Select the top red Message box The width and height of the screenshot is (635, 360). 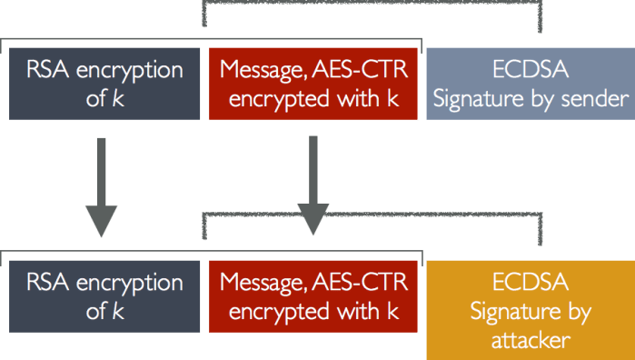tap(313, 84)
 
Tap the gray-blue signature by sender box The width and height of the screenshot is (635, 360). tap(530, 84)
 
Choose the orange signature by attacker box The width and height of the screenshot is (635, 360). tap(530, 309)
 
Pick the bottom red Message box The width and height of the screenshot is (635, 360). tap(313, 295)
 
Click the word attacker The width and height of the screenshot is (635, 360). tap(530, 340)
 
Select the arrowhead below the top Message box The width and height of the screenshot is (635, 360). tap(313, 219)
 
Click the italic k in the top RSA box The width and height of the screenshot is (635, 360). tap(118, 98)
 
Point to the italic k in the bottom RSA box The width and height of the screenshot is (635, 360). tap(118, 311)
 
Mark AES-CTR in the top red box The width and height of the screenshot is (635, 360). tap(366, 70)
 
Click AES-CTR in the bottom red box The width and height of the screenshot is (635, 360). tap(366, 282)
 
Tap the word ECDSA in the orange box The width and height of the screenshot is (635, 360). tap(530, 281)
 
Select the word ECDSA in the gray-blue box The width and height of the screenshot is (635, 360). tap(530, 70)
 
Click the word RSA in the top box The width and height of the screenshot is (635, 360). tap(41, 70)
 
